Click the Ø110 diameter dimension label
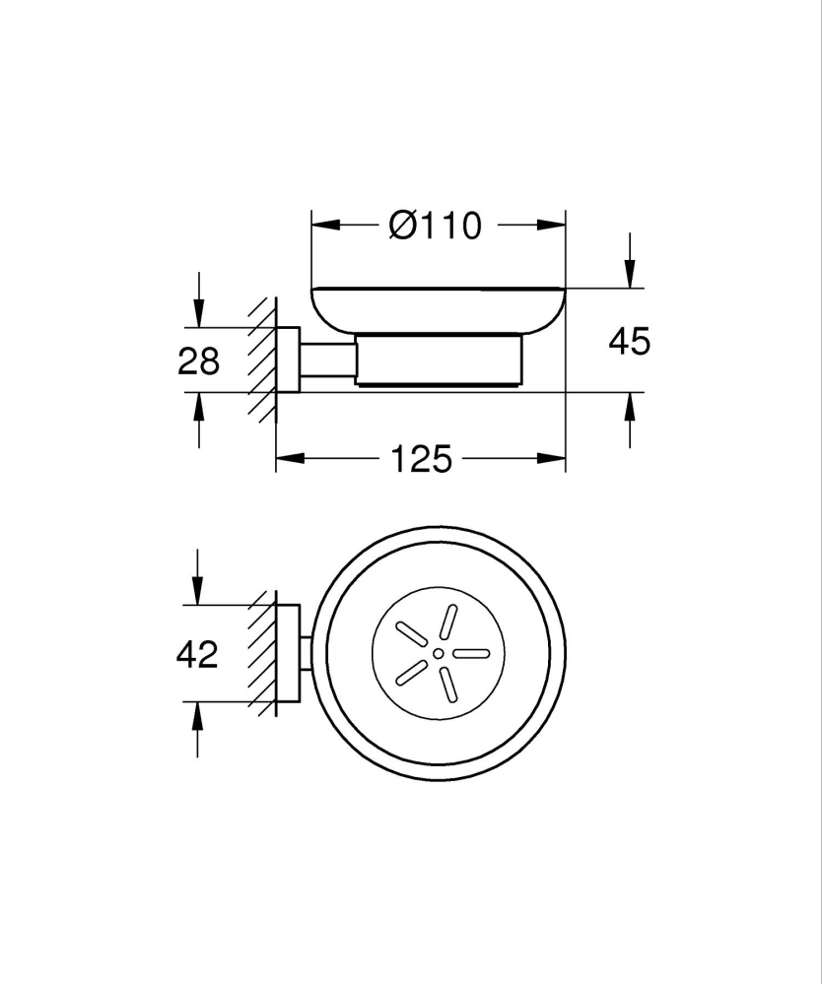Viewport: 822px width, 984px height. coord(435,227)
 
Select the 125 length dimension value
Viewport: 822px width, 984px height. coord(421,458)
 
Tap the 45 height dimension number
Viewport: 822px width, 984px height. coord(629,342)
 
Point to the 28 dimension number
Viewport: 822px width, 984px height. coord(198,361)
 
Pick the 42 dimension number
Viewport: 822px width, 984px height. coord(196,654)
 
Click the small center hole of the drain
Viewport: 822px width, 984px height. coord(438,653)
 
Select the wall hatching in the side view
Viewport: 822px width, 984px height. coord(262,360)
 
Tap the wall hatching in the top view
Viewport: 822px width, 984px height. coord(262,653)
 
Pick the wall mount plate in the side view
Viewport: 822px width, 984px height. coord(288,360)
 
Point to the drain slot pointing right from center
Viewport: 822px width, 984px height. coord(470,653)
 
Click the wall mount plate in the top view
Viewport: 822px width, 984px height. coord(288,653)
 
